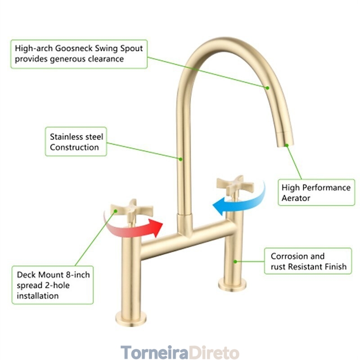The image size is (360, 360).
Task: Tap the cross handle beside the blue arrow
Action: [234, 184]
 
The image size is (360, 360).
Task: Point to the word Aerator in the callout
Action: [296, 198]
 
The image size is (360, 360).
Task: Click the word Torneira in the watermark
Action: [153, 351]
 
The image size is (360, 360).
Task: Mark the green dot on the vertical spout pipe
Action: [181, 158]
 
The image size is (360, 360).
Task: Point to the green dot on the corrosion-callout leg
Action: [235, 261]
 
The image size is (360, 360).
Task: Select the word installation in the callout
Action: [38, 296]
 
